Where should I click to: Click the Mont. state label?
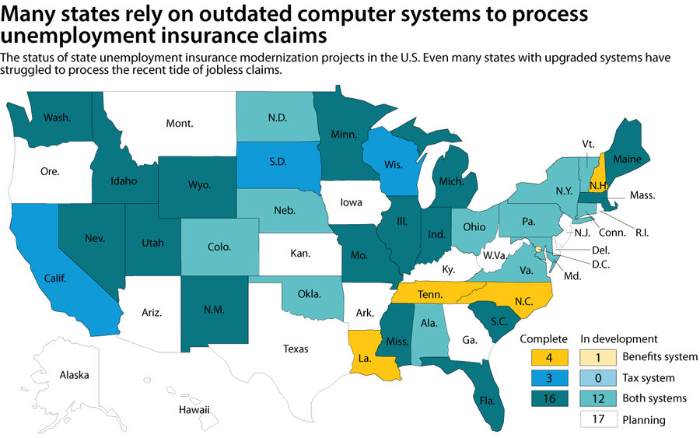point(179,122)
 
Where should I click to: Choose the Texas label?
point(296,349)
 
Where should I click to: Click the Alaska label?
point(75,375)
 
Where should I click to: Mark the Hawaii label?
point(194,409)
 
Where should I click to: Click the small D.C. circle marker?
point(537,247)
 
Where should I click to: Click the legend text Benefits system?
point(659,357)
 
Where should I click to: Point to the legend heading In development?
point(619,339)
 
